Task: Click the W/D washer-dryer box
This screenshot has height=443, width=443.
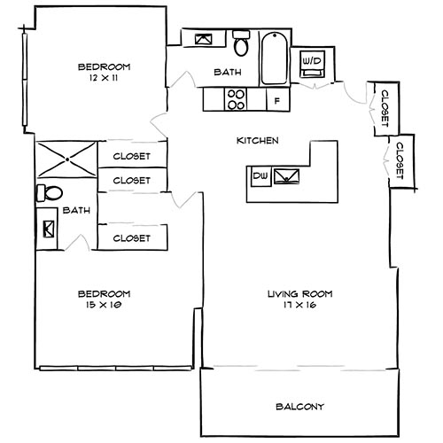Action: coord(313,60)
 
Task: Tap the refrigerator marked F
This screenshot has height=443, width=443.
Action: coord(276,100)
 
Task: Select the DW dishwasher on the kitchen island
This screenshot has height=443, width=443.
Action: coord(260,176)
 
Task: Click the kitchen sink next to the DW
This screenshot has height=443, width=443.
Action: coord(287,175)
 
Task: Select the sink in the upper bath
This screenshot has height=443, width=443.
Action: coord(203,40)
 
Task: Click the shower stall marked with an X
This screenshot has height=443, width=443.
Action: coord(66,159)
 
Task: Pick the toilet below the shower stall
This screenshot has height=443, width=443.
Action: coord(51,193)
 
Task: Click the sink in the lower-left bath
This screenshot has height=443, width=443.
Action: coord(47,230)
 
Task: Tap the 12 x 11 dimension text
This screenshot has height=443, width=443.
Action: coord(104,78)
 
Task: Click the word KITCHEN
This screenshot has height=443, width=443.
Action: coord(258,140)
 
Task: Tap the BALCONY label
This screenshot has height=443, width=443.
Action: coord(299,407)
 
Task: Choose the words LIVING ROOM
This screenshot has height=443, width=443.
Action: coord(293,294)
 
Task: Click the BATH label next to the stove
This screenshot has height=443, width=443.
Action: coord(228,73)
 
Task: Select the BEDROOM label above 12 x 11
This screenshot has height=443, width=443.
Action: coord(104,66)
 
